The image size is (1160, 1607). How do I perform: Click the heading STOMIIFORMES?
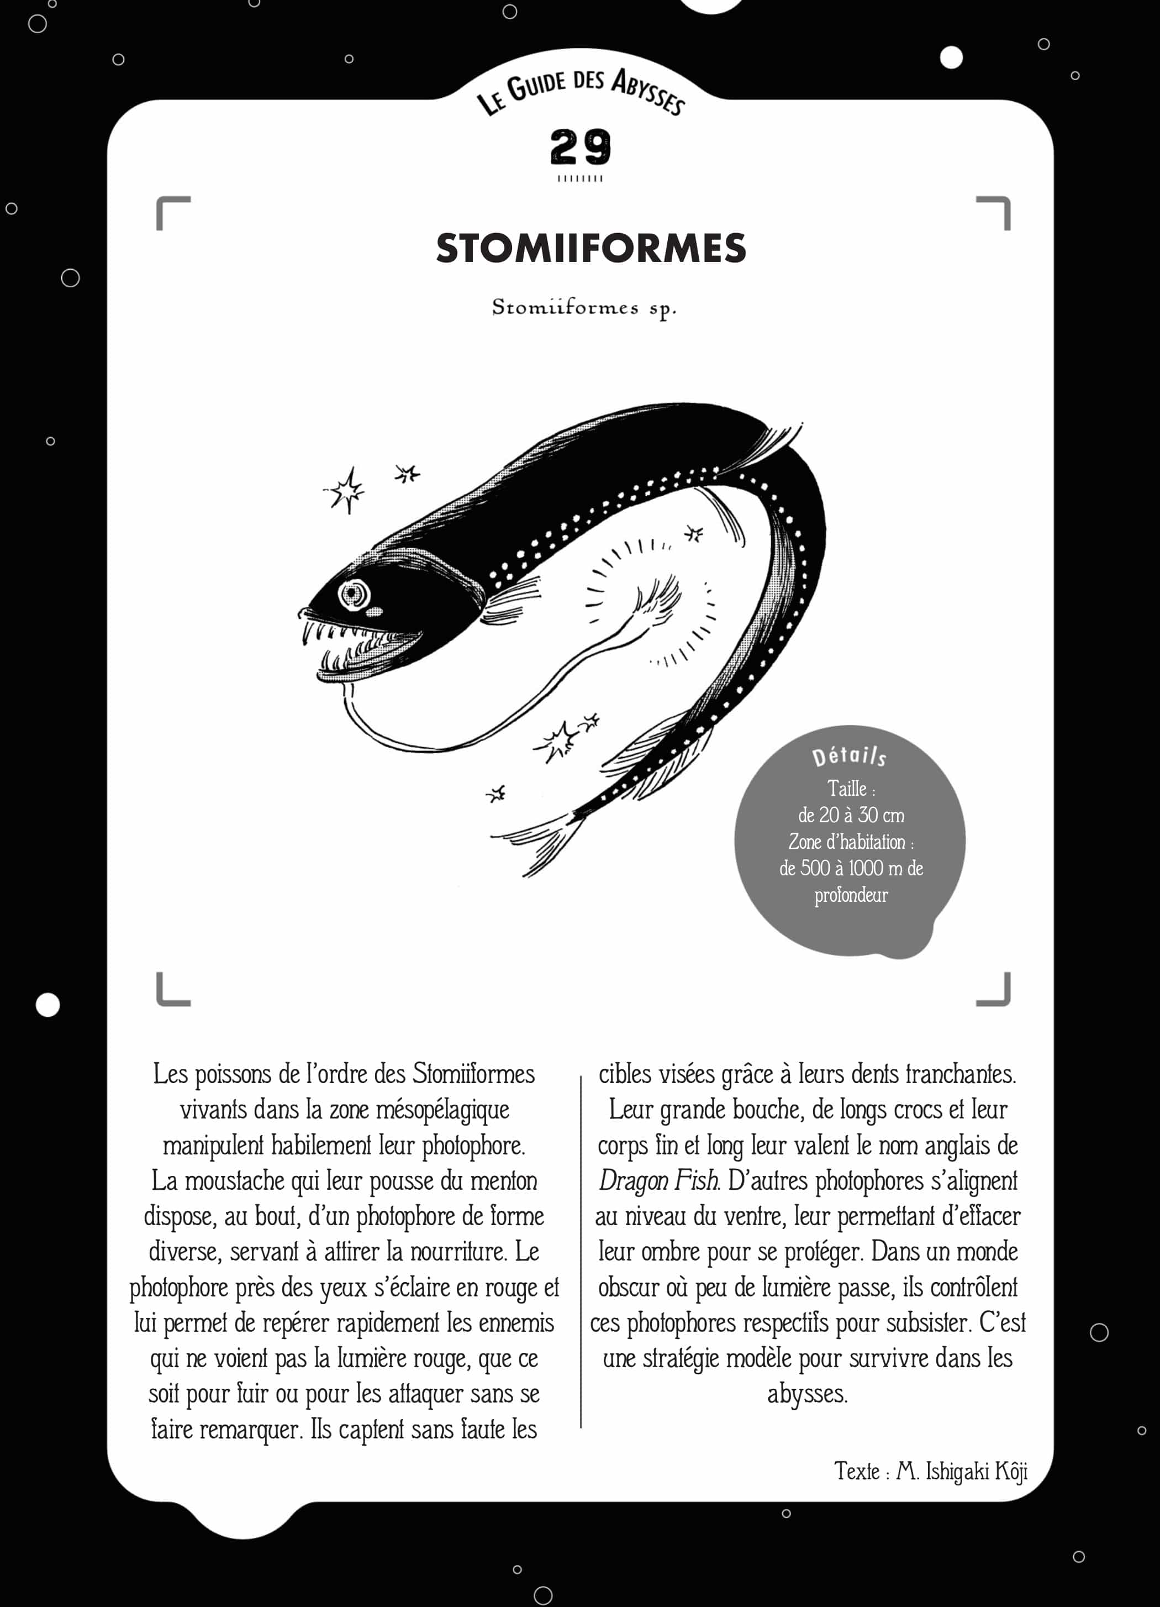pyautogui.click(x=590, y=248)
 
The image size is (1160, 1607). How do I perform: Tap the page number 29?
pyautogui.click(x=580, y=148)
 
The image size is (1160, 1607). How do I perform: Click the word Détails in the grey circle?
pyautogui.click(x=849, y=757)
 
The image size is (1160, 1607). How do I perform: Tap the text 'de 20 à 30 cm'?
pyautogui.click(x=851, y=815)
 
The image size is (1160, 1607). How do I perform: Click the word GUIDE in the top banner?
pyautogui.click(x=537, y=86)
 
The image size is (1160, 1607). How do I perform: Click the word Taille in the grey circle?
pyautogui.click(x=847, y=788)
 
